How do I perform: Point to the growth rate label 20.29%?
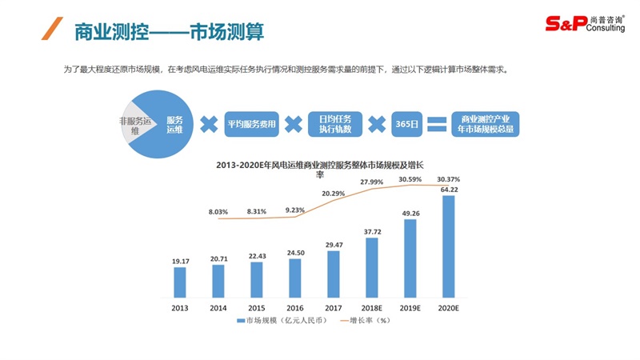pos(334,194)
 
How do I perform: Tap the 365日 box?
pos(406,124)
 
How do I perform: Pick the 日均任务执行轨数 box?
pos(336,124)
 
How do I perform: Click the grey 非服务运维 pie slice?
pos(134,125)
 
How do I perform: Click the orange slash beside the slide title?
pos(50,30)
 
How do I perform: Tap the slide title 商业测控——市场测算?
pos(168,32)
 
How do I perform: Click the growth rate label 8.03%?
pos(218,212)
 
